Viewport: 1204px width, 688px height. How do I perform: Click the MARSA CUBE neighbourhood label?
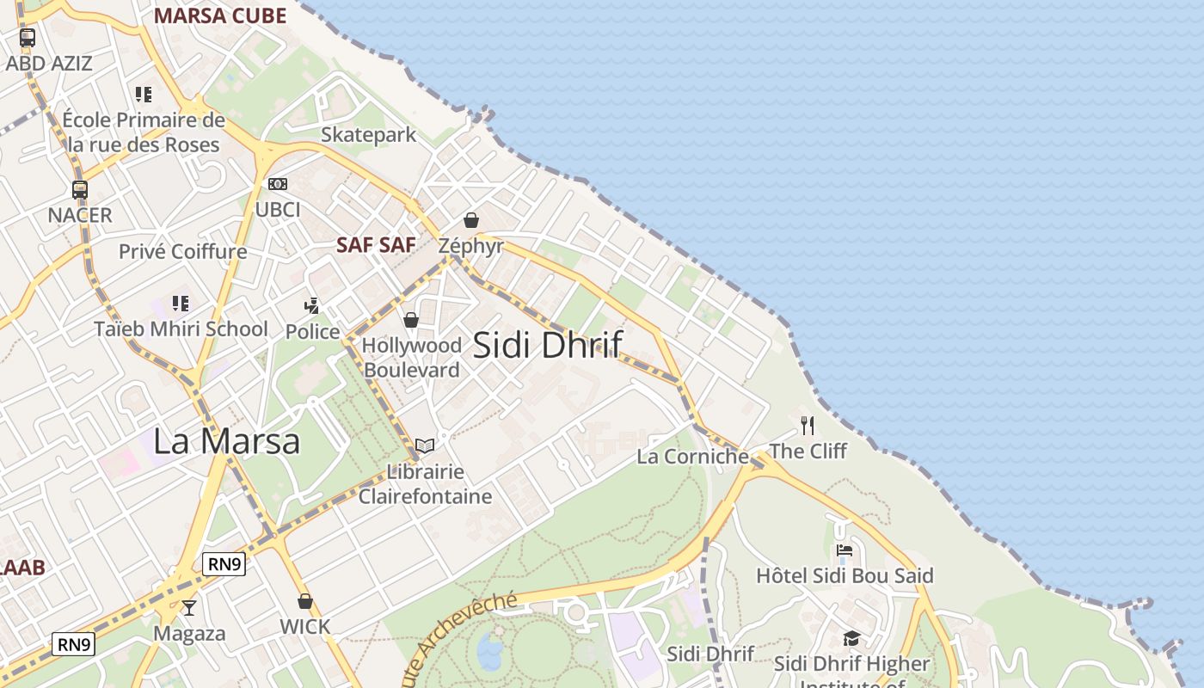point(220,15)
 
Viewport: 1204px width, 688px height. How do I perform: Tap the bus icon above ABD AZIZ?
point(28,38)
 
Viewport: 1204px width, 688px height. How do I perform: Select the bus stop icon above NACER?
point(80,190)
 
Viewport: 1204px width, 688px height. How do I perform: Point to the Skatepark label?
point(368,135)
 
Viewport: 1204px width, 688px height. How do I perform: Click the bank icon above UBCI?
point(278,184)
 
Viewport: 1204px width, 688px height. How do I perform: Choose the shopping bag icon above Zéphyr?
point(470,220)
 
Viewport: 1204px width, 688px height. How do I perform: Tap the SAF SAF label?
point(376,245)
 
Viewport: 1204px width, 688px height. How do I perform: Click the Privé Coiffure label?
point(182,252)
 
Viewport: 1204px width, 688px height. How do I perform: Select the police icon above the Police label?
point(312,305)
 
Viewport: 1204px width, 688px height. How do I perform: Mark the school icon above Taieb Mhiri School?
point(180,303)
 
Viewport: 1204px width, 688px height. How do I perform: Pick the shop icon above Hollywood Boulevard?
point(411,320)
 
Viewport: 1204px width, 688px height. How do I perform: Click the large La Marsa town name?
point(226,441)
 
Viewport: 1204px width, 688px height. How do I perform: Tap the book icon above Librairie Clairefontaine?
point(425,445)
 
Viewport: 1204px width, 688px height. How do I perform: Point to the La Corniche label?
point(692,457)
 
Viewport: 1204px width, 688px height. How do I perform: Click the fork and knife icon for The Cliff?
point(807,425)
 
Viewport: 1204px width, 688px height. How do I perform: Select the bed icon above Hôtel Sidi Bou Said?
point(844,550)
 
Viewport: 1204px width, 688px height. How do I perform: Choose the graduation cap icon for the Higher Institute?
point(851,638)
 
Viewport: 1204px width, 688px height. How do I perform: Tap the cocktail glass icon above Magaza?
point(189,608)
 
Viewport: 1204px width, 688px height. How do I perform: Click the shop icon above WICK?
point(304,601)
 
